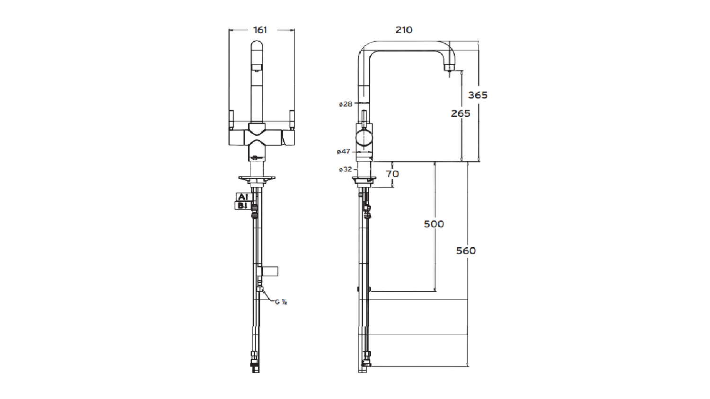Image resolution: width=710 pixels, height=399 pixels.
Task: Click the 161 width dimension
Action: point(260,30)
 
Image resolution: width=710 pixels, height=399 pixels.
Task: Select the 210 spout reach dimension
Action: point(404,30)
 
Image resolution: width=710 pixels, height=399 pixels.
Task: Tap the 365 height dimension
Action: point(478,95)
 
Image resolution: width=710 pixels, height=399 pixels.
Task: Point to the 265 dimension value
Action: point(461,113)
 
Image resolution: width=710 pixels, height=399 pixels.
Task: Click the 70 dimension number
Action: point(392,173)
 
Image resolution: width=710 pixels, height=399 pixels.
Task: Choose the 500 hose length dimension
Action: point(434,224)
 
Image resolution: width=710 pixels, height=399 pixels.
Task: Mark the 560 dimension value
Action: point(466,251)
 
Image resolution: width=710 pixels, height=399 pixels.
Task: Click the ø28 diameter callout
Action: point(346,104)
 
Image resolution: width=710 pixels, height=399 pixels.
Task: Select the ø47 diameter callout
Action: point(344,151)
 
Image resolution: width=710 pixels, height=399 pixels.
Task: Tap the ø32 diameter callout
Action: point(346,169)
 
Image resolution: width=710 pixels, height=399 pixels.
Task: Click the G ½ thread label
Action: point(281,302)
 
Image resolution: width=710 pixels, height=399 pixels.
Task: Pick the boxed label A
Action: point(242,197)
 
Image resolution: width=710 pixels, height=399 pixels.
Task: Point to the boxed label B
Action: point(242,206)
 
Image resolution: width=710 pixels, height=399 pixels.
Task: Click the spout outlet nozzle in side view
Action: point(448,68)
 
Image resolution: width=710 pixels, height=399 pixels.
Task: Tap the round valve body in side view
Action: point(364,139)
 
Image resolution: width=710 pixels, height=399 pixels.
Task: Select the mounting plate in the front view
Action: point(257,179)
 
